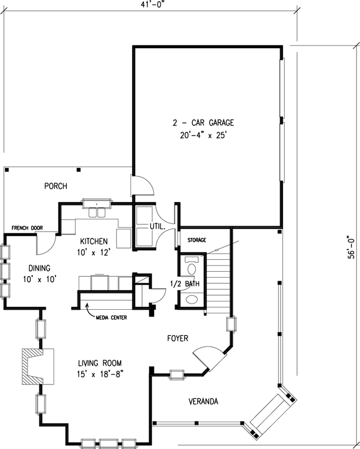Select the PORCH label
[x=56, y=186]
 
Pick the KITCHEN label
[x=93, y=241]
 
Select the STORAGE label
[x=197, y=240]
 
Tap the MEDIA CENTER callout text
[x=111, y=318]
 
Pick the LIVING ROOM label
[x=93, y=363]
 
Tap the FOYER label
[x=177, y=338]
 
